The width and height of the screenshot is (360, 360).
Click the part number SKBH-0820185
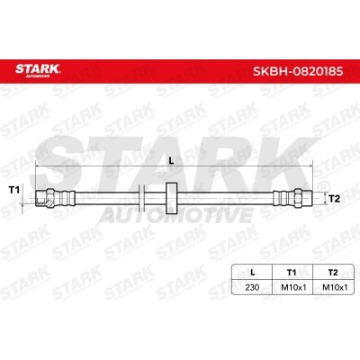coord(298,72)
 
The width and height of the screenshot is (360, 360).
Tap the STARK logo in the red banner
coord(38,70)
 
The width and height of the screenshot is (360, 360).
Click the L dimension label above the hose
coord(172,160)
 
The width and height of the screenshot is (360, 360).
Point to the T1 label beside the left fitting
coord(13,190)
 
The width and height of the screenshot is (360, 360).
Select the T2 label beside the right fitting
coord(335,199)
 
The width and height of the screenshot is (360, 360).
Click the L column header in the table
coord(253,273)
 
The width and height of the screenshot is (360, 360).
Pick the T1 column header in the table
coord(292,273)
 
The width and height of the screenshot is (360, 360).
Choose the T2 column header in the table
coord(333,273)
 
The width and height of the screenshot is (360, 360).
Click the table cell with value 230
coord(252,287)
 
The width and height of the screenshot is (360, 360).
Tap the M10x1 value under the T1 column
coord(293,287)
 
